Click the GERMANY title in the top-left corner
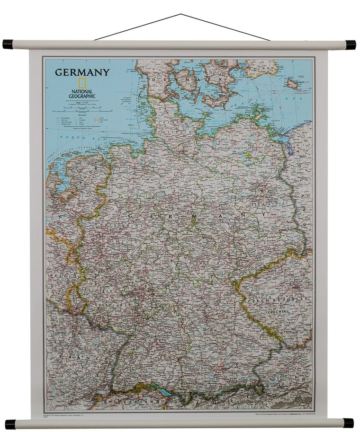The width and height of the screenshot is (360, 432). pyautogui.click(x=82, y=72)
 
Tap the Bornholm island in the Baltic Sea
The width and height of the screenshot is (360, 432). pyautogui.click(x=292, y=84)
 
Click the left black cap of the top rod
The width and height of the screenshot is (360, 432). pyautogui.click(x=8, y=44)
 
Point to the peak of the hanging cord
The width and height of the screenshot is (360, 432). pyautogui.click(x=180, y=14)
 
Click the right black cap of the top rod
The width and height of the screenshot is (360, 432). pyautogui.click(x=350, y=45)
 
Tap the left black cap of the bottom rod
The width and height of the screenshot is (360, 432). pyautogui.click(x=10, y=423)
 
